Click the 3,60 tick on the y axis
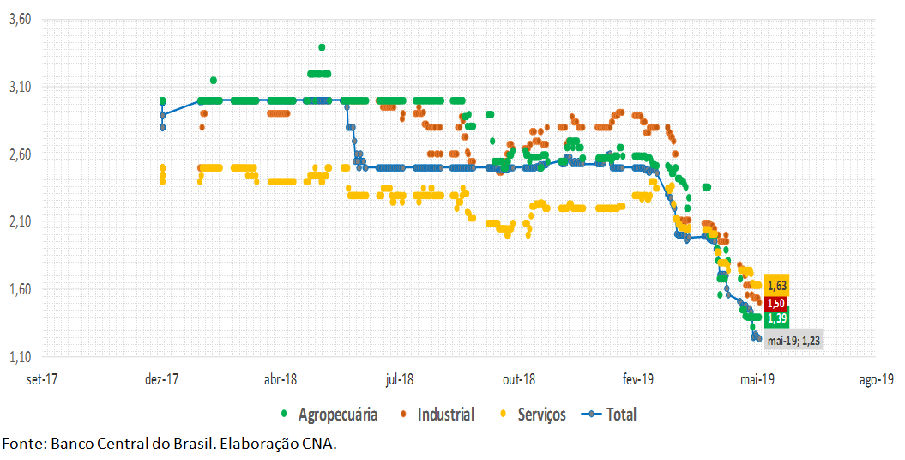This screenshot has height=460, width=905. [19, 19]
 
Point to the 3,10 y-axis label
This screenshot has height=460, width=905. [19, 87]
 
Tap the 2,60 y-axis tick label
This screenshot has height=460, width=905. [19, 154]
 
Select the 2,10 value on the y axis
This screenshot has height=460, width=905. [19, 221]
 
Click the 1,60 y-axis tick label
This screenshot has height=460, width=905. [19, 289]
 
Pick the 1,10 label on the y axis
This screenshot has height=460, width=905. [19, 356]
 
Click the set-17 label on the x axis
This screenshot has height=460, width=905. [42, 379]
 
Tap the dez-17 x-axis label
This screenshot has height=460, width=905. [161, 379]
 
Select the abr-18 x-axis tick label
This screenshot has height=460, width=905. [281, 379]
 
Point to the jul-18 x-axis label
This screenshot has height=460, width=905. [400, 379]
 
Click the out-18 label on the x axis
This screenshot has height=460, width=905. [519, 379]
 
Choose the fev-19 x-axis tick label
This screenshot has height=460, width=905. [637, 379]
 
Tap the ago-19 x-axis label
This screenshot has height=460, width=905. [875, 379]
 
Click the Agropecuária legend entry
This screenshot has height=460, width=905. [337, 415]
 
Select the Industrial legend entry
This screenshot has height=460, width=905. [445, 415]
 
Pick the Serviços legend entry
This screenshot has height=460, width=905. [541, 415]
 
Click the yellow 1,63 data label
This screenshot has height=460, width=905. [777, 286]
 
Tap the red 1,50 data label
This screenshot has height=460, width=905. [777, 303]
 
